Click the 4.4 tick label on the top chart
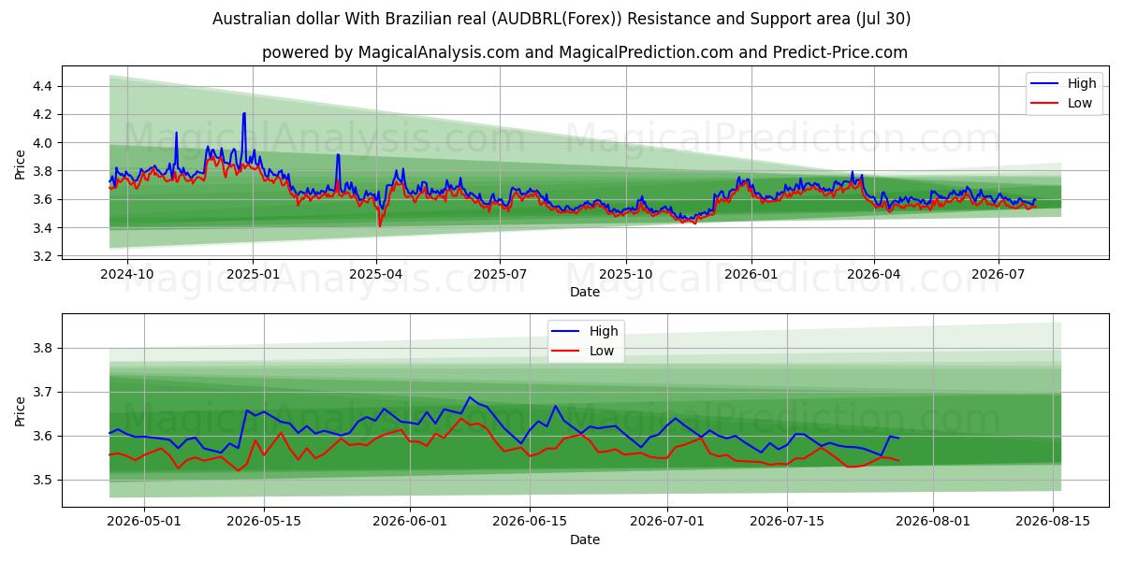[x=42, y=86]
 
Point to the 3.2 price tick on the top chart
[x=42, y=256]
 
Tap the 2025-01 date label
[x=253, y=275]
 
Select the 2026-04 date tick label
[x=874, y=275]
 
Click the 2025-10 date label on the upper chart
[x=626, y=275]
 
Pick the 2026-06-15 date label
[x=530, y=522]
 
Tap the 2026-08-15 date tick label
[x=1053, y=522]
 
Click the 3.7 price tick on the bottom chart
[x=42, y=392]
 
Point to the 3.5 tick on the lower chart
[x=42, y=481]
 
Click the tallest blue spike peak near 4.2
[x=244, y=113]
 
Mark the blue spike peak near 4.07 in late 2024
[x=176, y=132]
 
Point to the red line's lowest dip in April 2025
[x=380, y=226]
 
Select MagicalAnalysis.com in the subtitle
[x=439, y=52]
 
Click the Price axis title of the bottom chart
[x=20, y=411]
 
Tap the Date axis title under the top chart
[x=585, y=292]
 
